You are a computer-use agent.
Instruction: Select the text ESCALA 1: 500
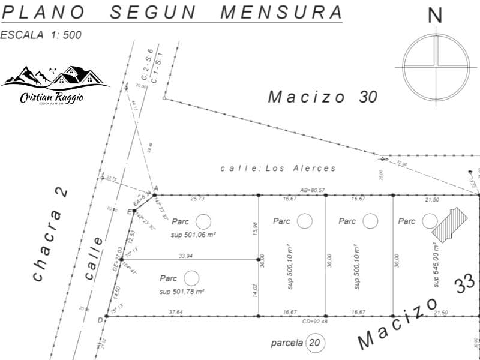point(41,35)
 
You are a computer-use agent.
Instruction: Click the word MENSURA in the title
point(282,11)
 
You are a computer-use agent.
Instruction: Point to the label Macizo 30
point(322,96)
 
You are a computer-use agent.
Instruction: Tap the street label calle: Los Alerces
point(278,169)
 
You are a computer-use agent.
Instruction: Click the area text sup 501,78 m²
point(182,292)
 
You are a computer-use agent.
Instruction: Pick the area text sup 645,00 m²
point(436,265)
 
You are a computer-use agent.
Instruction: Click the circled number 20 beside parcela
point(314,343)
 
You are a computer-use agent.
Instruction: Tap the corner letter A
point(155,189)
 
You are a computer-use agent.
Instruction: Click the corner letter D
point(100,319)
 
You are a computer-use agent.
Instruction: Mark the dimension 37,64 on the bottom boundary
point(176,312)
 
